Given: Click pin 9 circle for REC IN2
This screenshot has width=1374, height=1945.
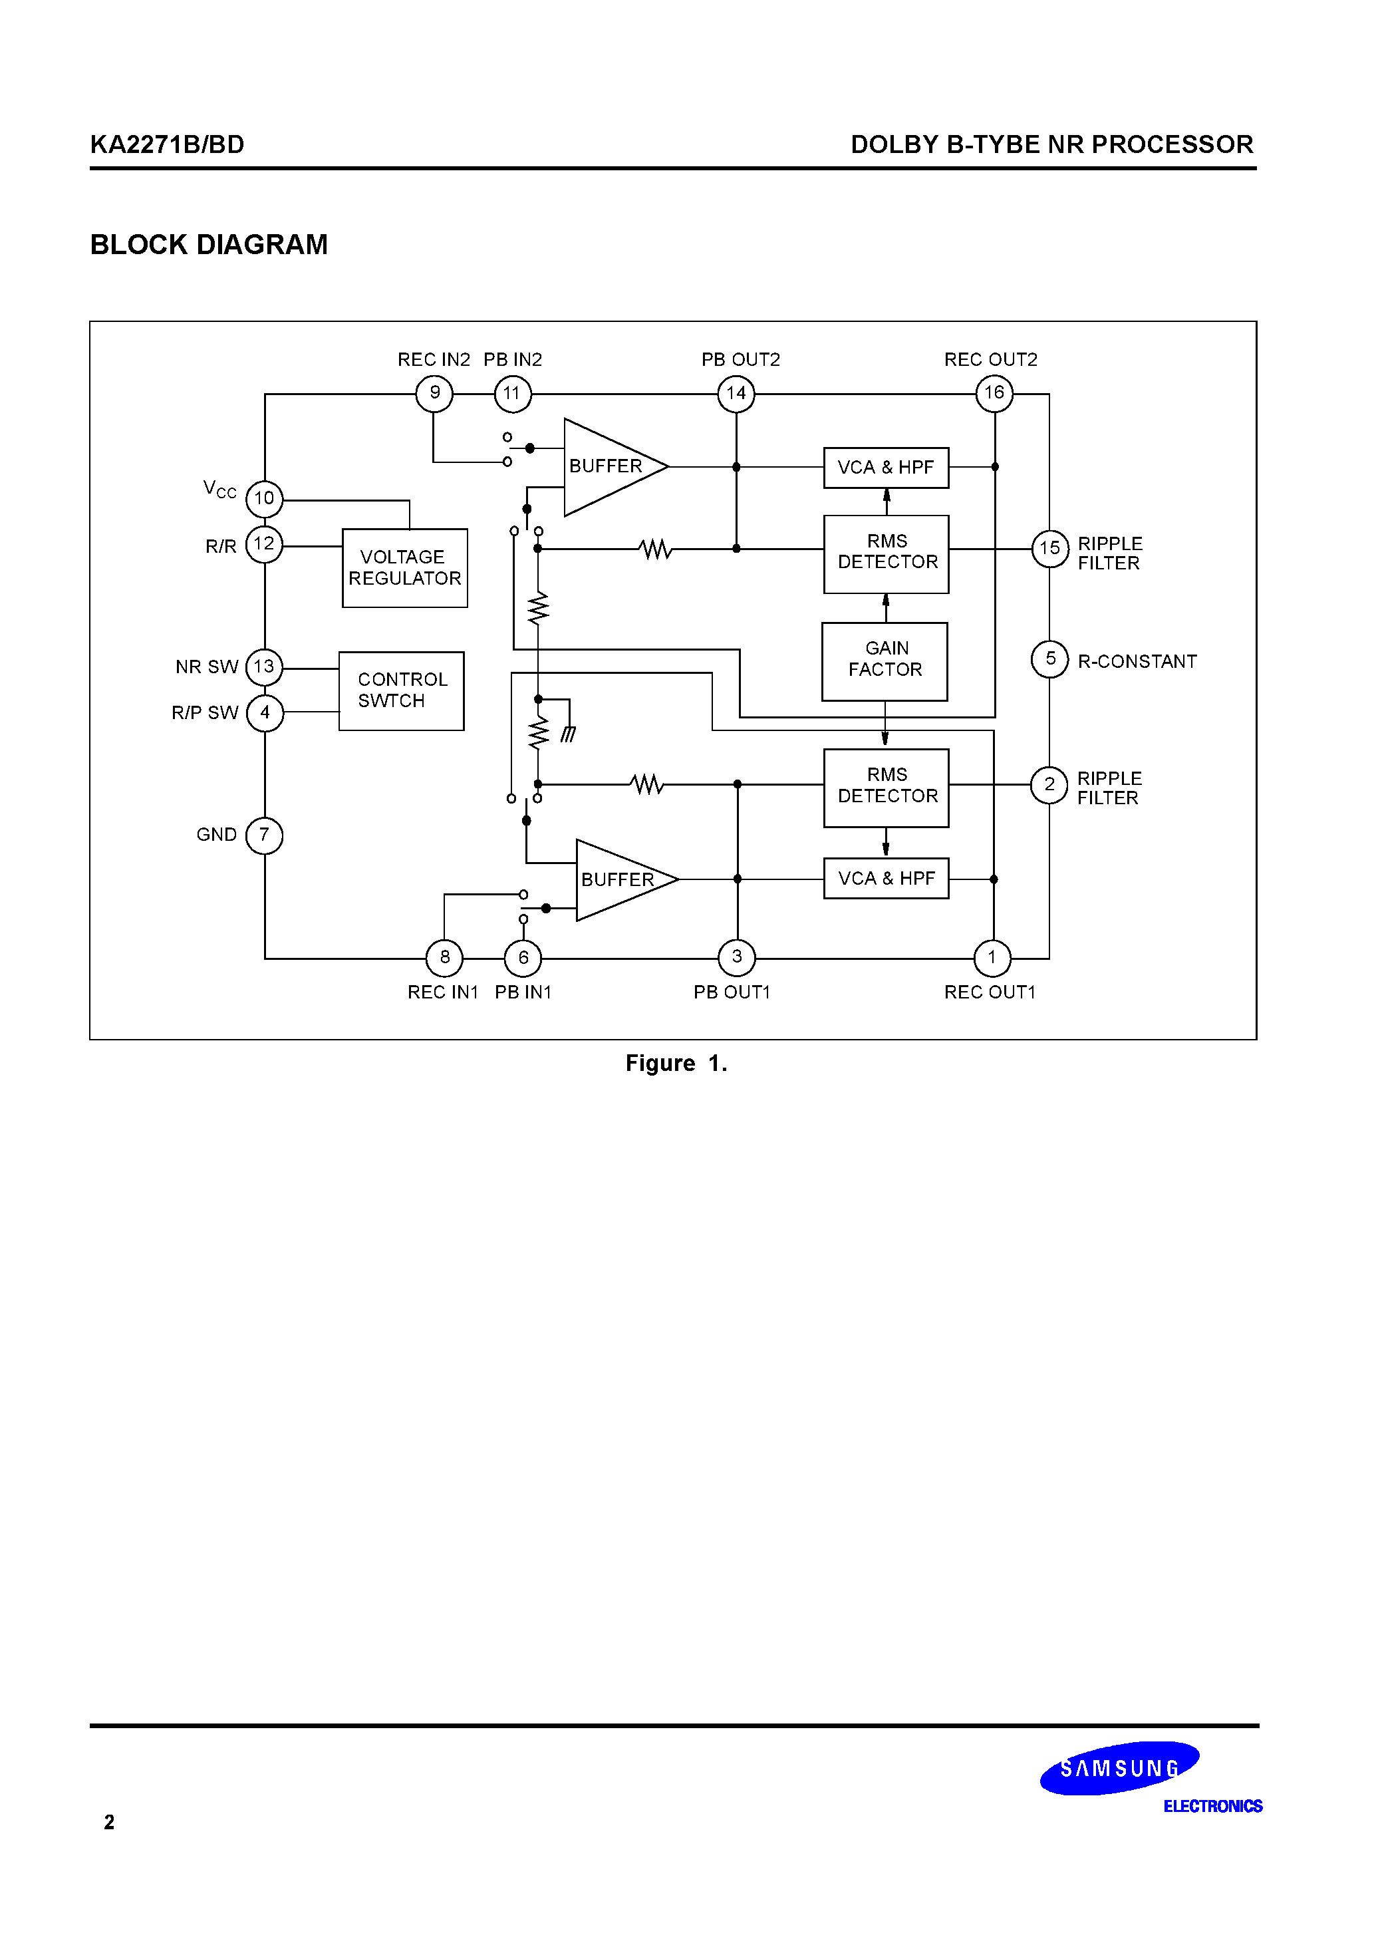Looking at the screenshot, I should tap(434, 394).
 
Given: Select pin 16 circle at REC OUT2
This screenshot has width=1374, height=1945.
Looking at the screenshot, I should tap(994, 394).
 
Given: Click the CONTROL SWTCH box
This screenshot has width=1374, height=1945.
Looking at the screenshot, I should tap(402, 691).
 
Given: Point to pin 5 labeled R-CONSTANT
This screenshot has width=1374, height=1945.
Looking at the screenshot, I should tap(1049, 659).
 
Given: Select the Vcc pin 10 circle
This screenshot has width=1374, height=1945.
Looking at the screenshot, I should tap(264, 499).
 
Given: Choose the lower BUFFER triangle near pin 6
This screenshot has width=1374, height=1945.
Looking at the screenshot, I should tap(620, 880).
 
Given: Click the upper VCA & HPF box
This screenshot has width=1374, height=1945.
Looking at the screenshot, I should tap(886, 468).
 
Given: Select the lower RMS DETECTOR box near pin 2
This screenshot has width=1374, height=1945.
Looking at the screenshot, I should tap(886, 787).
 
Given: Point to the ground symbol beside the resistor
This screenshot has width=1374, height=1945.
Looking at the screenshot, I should tap(569, 734).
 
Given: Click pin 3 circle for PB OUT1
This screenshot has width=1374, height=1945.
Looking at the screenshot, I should tap(737, 958).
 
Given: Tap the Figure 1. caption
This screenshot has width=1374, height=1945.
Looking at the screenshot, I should tap(676, 1064).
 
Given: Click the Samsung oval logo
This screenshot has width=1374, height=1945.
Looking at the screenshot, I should tap(1119, 1768).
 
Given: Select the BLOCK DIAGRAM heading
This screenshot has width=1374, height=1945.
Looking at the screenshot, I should tap(208, 245).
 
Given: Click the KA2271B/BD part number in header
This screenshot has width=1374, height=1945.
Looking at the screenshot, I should tap(167, 145).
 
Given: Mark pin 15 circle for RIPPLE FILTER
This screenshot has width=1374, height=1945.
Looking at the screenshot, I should tap(1049, 549).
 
